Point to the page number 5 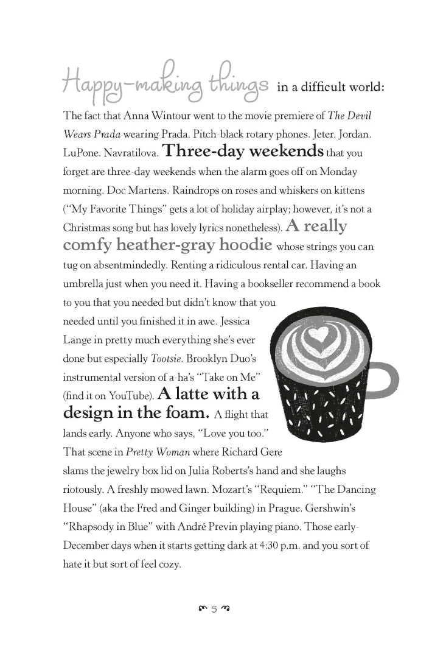(214, 608)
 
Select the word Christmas (85, 228)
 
